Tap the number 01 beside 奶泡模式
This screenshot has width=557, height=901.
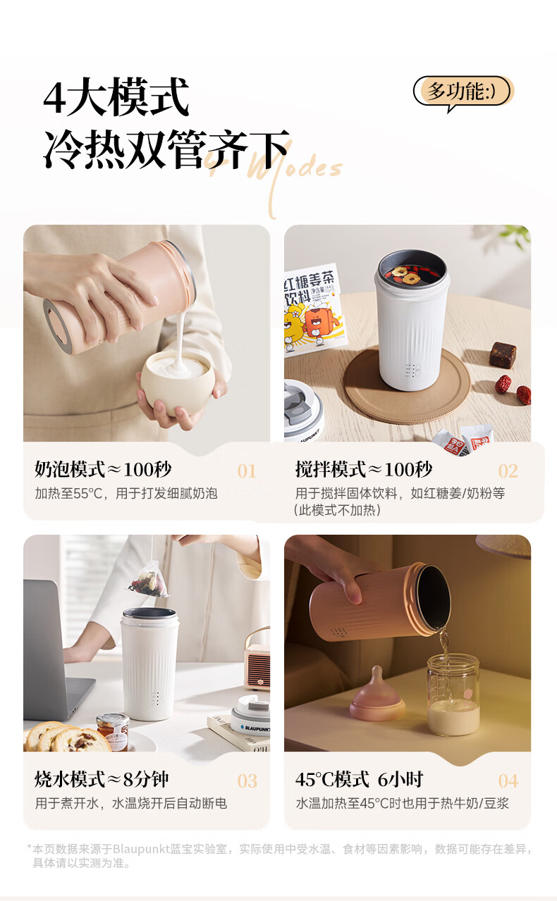pos(246,471)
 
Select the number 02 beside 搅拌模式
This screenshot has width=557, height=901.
pos(508,471)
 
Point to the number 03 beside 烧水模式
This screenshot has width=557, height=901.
pos(247,781)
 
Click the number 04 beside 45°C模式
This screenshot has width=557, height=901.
pos(508,781)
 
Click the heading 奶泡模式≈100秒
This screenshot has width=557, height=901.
pos(103,469)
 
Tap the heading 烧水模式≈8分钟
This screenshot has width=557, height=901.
pos(102,779)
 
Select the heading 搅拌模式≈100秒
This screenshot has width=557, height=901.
pos(364,469)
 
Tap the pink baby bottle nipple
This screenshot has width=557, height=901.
pos(377,695)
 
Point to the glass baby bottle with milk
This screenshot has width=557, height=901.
pos(453,695)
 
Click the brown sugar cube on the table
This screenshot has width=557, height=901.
pos(503,354)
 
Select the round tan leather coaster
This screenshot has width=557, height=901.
pos(407,386)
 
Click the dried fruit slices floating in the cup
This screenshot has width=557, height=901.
pos(405,273)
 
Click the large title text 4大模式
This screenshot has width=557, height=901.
pos(116,97)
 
